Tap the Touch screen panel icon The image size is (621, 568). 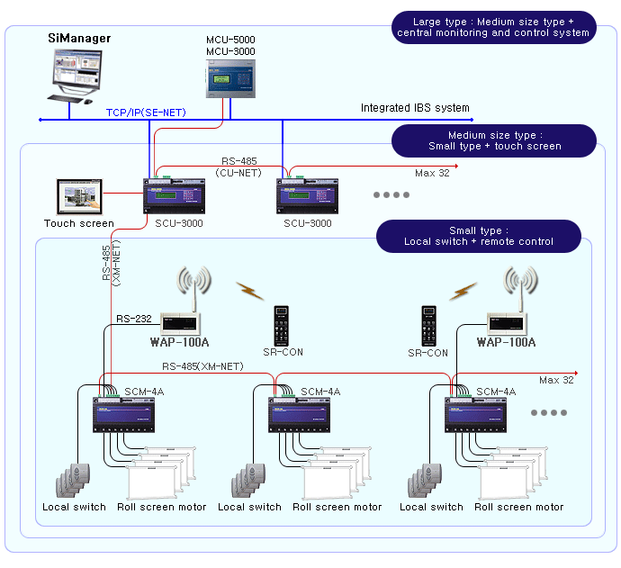[78, 196]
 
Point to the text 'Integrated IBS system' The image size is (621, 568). [415, 108]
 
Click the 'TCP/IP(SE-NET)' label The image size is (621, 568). [145, 113]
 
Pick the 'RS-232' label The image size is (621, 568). [134, 318]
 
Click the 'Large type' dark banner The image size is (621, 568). [492, 27]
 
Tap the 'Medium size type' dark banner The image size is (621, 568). [492, 140]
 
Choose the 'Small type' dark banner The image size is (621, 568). [478, 236]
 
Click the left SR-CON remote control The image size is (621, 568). [282, 324]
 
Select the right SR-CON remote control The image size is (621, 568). [429, 325]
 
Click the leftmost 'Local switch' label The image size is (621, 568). [74, 508]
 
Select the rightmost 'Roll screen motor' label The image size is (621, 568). [518, 508]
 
